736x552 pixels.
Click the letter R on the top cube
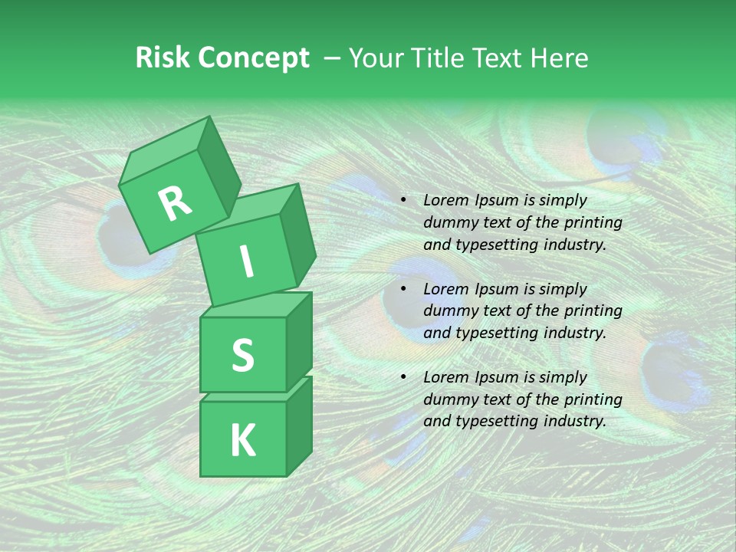[176, 204]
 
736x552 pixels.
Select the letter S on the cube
[242, 355]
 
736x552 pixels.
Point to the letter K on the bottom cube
[242, 441]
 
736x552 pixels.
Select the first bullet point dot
[403, 201]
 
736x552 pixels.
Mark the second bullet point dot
[403, 290]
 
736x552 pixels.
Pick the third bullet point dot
[403, 378]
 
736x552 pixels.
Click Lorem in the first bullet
[445, 201]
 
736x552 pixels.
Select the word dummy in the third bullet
[447, 399]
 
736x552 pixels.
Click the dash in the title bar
[333, 58]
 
